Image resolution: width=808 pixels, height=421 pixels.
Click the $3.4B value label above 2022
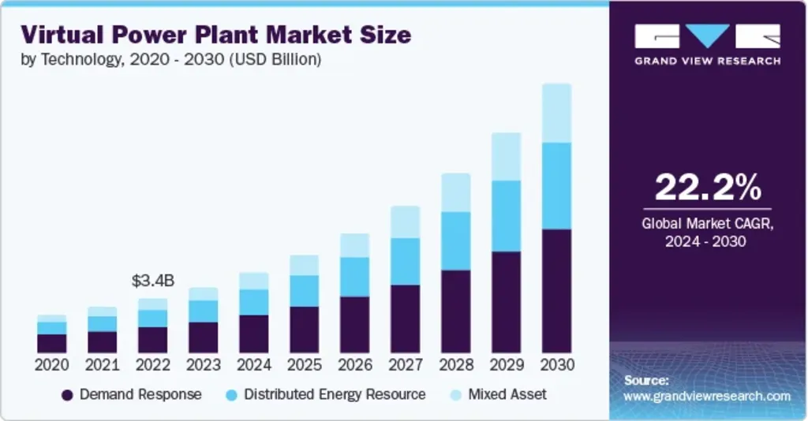coord(152,280)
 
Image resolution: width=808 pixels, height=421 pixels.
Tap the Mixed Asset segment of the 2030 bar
coord(556,113)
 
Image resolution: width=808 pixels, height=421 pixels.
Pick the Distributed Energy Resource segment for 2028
coord(455,240)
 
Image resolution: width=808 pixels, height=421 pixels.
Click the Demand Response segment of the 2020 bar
coord(51,343)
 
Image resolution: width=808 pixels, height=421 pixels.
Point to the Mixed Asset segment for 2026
coord(354,245)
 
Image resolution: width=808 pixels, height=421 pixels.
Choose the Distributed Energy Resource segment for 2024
coord(253,301)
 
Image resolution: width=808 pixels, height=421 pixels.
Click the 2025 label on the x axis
coord(304,365)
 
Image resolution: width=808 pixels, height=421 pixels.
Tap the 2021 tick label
coord(102,365)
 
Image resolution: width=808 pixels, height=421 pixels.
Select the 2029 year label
coord(506,365)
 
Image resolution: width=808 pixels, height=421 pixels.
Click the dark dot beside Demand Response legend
coord(67,394)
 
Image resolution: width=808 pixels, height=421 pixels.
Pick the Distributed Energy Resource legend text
coord(334,394)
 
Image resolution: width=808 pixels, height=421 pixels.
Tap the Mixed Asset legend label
coord(507,394)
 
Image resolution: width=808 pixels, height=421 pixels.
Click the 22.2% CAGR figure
coord(708,188)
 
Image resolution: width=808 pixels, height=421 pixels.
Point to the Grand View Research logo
coord(707,43)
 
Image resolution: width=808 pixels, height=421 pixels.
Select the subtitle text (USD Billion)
coord(275,60)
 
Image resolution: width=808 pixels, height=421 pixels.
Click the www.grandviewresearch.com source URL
coord(707,396)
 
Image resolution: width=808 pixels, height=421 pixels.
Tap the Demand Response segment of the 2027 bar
coord(405,319)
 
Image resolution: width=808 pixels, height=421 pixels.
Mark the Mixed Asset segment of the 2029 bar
coord(506,156)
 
